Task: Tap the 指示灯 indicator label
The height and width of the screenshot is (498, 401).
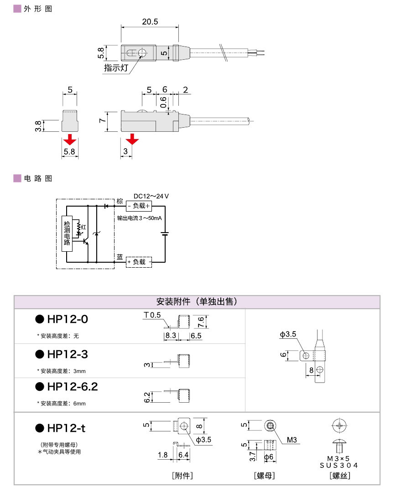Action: (116, 68)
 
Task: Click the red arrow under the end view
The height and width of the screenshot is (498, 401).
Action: (69, 138)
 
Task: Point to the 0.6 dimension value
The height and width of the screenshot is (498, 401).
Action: (163, 102)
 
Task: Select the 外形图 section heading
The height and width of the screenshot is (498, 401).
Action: (38, 9)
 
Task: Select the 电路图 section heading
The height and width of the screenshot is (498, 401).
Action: (38, 178)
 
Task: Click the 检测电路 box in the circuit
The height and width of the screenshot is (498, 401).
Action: (67, 233)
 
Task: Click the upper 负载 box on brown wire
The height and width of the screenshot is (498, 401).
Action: (138, 206)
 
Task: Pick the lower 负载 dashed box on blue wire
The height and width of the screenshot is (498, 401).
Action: (139, 262)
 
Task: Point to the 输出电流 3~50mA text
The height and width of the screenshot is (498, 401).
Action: (139, 218)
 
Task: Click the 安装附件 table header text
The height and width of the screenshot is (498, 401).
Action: (197, 302)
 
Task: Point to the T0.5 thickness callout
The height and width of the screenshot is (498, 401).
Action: (152, 315)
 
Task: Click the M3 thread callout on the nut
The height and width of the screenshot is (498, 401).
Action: (292, 441)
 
